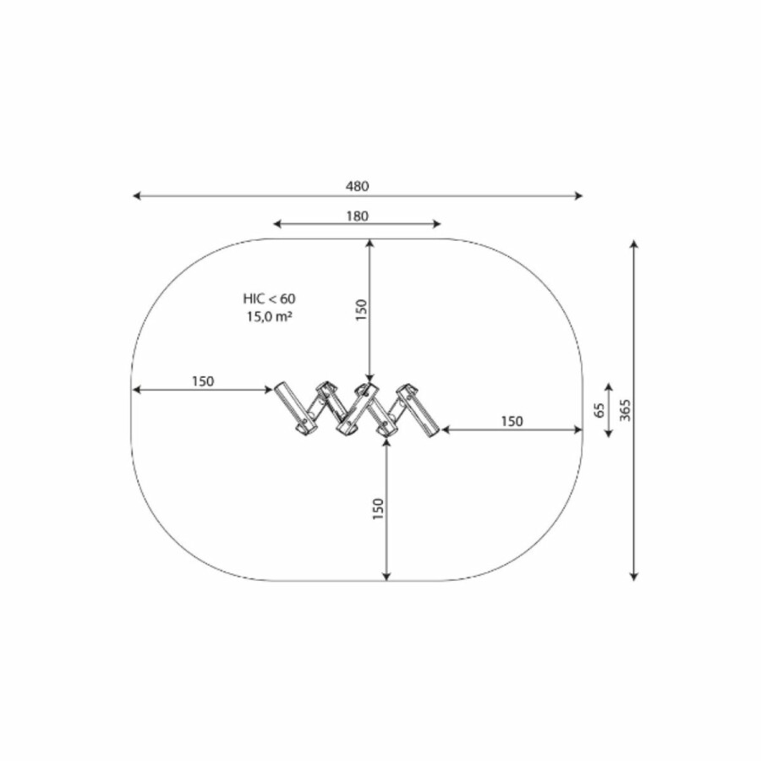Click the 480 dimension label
357,186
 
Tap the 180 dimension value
357,216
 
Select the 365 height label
625,410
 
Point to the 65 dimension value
599,410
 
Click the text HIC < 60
270,298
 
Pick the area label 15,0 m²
270,316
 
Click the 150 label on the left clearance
202,381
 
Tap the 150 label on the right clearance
512,421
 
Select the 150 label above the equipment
362,309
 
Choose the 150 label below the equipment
378,509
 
